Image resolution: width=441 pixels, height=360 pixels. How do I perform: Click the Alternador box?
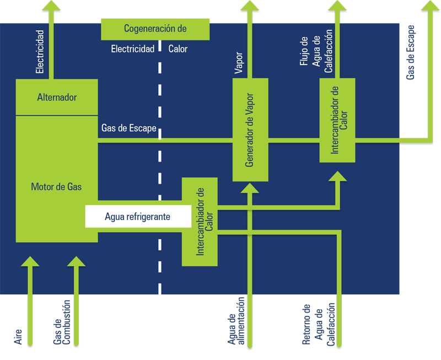pyautogui.click(x=57, y=97)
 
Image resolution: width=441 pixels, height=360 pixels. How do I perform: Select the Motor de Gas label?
pyautogui.click(x=56, y=187)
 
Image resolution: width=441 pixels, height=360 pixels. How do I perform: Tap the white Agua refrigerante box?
pyautogui.click(x=138, y=216)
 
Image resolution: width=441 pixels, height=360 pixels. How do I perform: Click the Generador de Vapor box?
pyautogui.click(x=250, y=130)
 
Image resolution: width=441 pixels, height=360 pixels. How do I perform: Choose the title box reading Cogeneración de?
pyautogui.click(x=155, y=29)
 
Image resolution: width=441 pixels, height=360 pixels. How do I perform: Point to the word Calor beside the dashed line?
pyautogui.click(x=178, y=49)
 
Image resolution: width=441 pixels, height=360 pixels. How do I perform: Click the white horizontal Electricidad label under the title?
pyautogui.click(x=133, y=49)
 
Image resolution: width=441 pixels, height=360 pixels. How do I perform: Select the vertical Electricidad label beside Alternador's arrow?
pyautogui.click(x=40, y=52)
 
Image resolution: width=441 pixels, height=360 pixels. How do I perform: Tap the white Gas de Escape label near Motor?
pyautogui.click(x=129, y=128)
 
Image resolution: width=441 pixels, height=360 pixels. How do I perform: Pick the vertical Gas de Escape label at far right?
pyautogui.click(x=410, y=52)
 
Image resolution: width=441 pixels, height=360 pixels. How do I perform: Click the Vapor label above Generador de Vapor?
pyautogui.click(x=239, y=63)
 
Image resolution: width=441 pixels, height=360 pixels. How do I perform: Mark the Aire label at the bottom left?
pyautogui.click(x=18, y=337)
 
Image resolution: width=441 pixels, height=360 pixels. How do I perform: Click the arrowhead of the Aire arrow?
pyautogui.click(x=30, y=261)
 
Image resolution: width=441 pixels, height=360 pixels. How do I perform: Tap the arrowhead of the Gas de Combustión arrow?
pyautogui.click(x=76, y=261)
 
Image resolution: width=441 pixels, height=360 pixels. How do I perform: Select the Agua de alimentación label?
pyautogui.click(x=236, y=321)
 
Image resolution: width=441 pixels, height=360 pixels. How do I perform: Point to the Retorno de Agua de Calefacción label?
pyautogui.click(x=319, y=325)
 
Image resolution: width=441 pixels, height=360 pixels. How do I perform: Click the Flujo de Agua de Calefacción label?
pyautogui.click(x=316, y=51)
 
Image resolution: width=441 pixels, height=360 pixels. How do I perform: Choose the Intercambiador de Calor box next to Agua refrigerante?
pyautogui.click(x=200, y=222)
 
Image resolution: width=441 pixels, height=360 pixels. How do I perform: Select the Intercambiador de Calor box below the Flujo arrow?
pyautogui.click(x=337, y=120)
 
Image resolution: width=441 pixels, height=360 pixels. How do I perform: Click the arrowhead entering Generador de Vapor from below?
pyautogui.click(x=250, y=188)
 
